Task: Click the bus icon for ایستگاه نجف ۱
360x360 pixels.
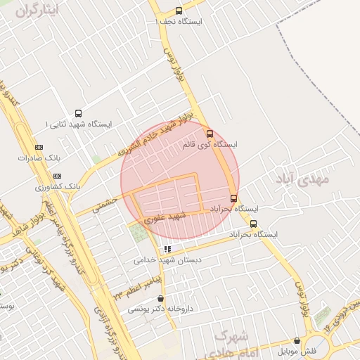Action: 179,11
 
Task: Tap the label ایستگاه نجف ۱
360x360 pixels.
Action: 179,22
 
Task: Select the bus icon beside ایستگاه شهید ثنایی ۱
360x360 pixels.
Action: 77,113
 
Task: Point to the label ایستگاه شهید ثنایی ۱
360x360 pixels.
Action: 77,124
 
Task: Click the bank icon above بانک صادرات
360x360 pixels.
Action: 39,147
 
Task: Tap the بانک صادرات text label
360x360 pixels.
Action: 39,158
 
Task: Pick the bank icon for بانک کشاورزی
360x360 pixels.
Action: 57,176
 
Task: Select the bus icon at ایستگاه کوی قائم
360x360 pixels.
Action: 209,133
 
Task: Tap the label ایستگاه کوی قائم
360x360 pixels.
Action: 210,144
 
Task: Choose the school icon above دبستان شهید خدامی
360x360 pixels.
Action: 167,249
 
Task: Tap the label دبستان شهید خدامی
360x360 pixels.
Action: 167,259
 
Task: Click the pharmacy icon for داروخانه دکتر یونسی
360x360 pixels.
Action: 161,298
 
